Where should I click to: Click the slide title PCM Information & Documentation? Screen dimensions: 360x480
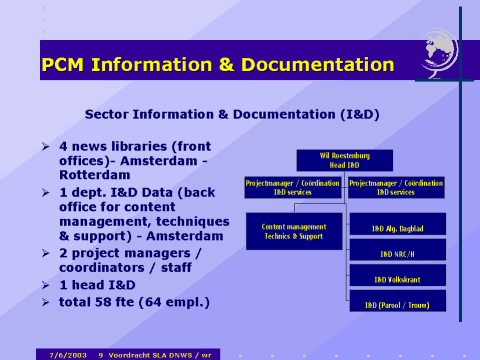218,65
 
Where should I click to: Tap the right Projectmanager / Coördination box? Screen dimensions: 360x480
397,187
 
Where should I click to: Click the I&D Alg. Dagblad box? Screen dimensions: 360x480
397,229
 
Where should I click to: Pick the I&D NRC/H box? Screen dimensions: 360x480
397,254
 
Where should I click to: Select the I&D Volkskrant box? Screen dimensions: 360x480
397,279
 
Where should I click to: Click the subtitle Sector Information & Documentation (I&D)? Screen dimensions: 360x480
232,114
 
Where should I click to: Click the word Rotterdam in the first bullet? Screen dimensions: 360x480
100,174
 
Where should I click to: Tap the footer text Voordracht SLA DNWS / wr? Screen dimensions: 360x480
161,353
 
